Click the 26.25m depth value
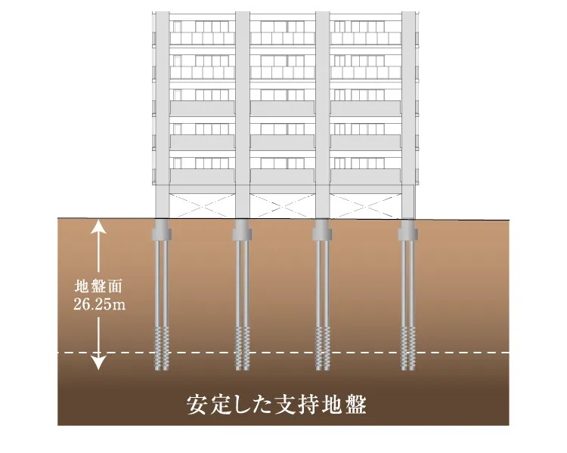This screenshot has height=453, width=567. tap(100, 304)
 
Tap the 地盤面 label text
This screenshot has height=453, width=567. tap(99, 286)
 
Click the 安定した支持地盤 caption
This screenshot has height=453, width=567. tap(277, 405)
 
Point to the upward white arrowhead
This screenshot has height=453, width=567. tap(98, 226)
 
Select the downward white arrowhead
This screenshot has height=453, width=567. tap(98, 362)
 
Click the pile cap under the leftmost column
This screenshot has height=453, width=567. tap(161, 230)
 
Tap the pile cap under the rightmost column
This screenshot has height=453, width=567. tap(408, 230)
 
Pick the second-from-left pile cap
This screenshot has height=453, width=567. tap(242, 230)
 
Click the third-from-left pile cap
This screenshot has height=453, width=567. tap(322, 230)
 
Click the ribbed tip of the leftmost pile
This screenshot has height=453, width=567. tap(161, 349)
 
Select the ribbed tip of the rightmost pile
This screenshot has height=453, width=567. tap(408, 349)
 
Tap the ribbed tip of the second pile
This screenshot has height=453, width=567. tap(242, 349)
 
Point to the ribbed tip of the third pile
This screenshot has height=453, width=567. tap(322, 349)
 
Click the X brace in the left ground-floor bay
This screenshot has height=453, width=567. tap(202, 206)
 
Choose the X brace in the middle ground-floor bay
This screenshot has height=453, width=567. tap(283, 206)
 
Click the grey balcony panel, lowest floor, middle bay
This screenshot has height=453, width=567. tap(283, 176)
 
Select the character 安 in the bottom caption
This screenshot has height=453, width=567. tap(197, 405)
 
